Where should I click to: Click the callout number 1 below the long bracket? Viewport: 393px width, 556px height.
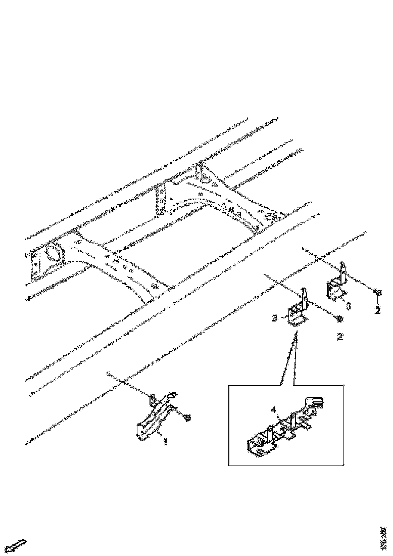(165, 441)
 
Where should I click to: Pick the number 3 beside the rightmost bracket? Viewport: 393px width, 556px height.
(349, 305)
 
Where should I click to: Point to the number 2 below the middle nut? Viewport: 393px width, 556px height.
(340, 336)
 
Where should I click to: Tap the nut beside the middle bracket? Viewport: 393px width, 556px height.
(340, 318)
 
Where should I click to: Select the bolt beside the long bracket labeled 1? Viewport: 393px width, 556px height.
(188, 417)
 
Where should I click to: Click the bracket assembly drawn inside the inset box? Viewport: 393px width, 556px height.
(280, 430)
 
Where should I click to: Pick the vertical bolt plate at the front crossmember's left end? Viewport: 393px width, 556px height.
(35, 265)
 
